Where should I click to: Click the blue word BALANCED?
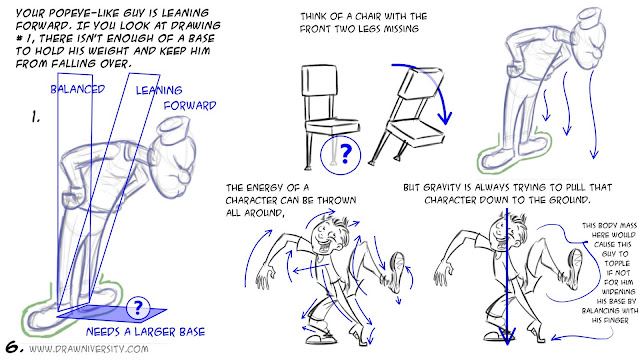[78, 89]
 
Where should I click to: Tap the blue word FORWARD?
[190, 106]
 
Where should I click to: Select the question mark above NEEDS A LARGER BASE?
[138, 307]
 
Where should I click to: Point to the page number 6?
[14, 347]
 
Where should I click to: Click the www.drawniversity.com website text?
[89, 349]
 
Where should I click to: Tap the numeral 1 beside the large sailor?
[36, 118]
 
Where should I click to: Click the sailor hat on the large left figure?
[173, 130]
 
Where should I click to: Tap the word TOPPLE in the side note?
[617, 263]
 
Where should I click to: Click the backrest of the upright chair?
[321, 81]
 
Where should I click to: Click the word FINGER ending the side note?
[616, 321]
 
